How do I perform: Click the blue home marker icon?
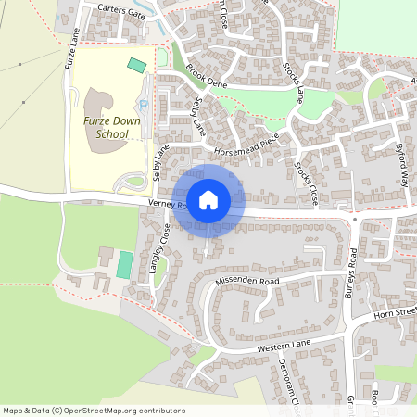click(x=208, y=200)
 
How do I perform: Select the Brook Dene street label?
click(x=206, y=75)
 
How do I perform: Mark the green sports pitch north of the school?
click(x=137, y=65)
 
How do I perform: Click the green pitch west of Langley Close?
click(x=124, y=263)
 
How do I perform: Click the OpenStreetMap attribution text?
click(x=93, y=411)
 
